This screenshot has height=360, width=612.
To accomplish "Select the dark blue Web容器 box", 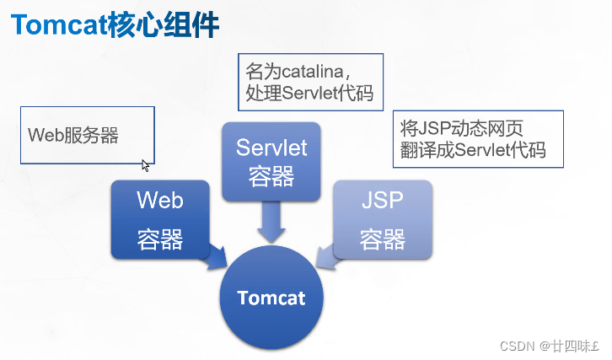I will (x=159, y=219).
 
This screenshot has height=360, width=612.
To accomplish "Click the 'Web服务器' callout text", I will (x=73, y=135).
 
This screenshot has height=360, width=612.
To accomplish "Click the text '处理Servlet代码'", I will (x=309, y=92).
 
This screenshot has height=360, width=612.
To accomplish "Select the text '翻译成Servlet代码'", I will (x=473, y=151).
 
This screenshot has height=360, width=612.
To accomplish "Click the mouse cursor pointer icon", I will (x=146, y=165).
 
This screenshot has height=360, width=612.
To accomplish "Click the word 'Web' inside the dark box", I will (x=159, y=201).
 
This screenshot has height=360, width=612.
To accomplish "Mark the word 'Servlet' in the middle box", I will (x=271, y=148).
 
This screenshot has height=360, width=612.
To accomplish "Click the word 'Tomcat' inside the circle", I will (x=271, y=298).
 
